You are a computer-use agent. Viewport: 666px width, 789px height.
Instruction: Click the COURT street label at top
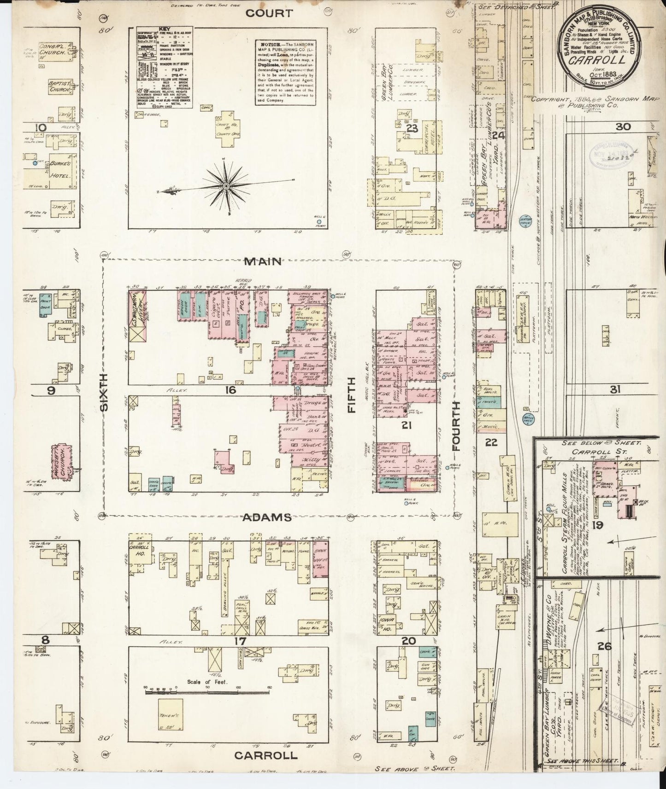pyautogui.click(x=262, y=13)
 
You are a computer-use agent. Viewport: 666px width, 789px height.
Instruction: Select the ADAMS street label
pyautogui.click(x=269, y=517)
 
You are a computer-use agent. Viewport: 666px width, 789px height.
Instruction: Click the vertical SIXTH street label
pyautogui.click(x=105, y=392)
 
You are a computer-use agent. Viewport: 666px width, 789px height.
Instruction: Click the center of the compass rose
pyautogui.click(x=227, y=186)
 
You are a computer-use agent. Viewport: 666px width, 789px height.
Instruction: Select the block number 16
pyautogui.click(x=230, y=390)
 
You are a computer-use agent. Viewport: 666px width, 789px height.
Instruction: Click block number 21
pyautogui.click(x=406, y=426)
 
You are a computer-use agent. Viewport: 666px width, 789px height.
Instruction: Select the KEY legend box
pyautogui.click(x=165, y=67)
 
